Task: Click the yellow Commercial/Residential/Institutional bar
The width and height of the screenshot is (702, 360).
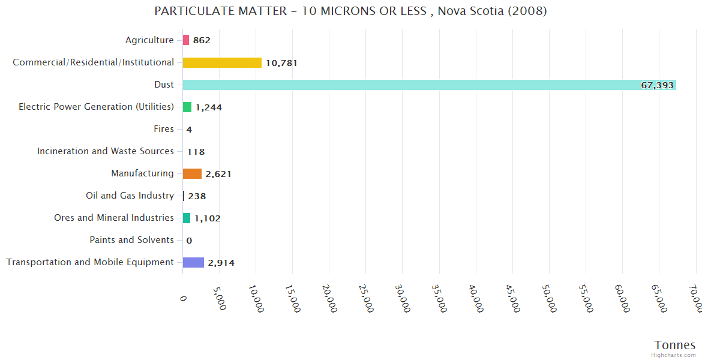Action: [x=222, y=62]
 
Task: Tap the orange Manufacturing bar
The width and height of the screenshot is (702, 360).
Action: [x=192, y=173]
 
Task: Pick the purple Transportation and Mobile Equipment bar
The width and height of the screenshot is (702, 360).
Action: [x=193, y=262]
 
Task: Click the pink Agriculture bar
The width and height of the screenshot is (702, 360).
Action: [x=186, y=40]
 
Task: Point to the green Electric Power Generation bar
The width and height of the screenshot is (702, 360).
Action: [x=187, y=107]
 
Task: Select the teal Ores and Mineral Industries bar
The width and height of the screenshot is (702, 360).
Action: [x=187, y=218]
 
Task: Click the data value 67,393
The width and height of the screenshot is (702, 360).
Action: [x=657, y=85]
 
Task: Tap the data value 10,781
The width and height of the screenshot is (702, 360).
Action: [x=281, y=63]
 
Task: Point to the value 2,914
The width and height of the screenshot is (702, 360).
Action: [x=221, y=263]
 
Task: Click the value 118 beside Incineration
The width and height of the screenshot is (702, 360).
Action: [x=196, y=152]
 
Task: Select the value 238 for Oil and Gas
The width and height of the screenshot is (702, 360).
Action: [x=197, y=196]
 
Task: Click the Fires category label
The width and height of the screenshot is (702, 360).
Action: [x=164, y=129]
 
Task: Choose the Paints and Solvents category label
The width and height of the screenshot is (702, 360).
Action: [x=131, y=240]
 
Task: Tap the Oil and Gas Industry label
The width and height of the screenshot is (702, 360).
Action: [x=130, y=196]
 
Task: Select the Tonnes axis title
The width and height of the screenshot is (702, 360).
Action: [x=674, y=345]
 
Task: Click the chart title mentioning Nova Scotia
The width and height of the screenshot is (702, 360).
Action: [x=350, y=11]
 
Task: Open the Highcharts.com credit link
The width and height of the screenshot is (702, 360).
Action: [x=674, y=355]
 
